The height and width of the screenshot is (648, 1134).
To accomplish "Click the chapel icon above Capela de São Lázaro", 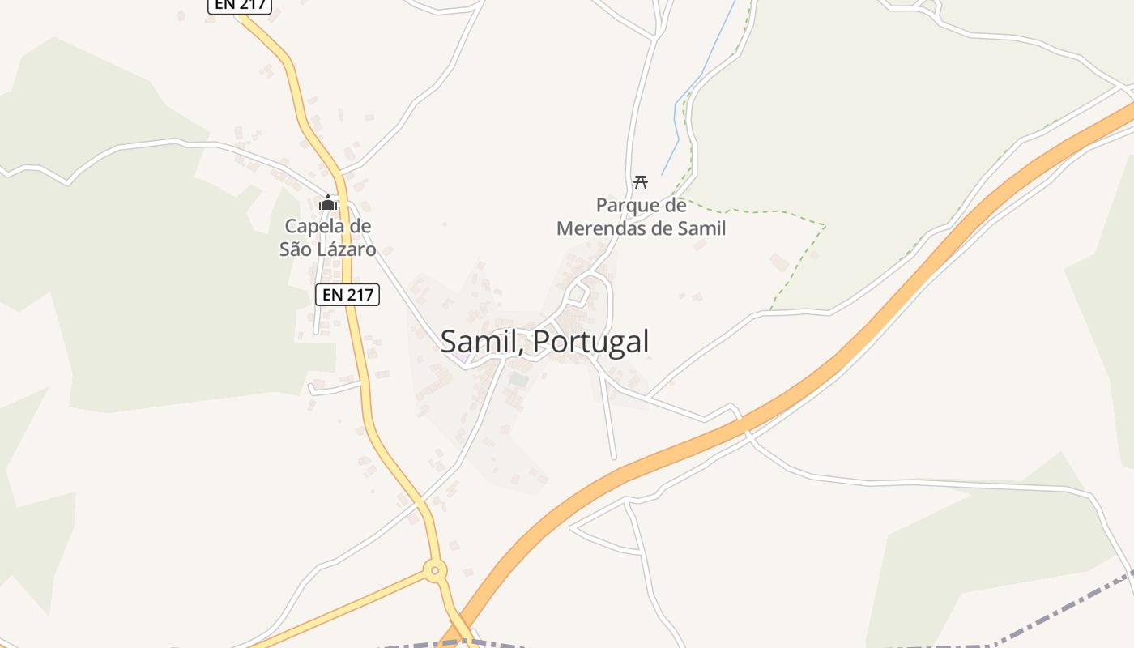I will (328, 202).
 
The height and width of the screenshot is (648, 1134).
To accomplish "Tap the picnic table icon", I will (641, 181).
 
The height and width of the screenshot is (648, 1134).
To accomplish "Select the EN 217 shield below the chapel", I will (347, 295).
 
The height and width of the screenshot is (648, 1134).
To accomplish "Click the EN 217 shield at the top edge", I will (240, 5).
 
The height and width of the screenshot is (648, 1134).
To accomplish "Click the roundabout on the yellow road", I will (435, 570).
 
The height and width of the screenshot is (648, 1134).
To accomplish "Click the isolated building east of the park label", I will (779, 262).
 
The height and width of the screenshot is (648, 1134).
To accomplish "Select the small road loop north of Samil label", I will (578, 292).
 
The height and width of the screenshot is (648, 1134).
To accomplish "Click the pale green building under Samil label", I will (518, 378).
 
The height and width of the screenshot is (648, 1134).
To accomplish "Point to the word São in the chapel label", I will (296, 249).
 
